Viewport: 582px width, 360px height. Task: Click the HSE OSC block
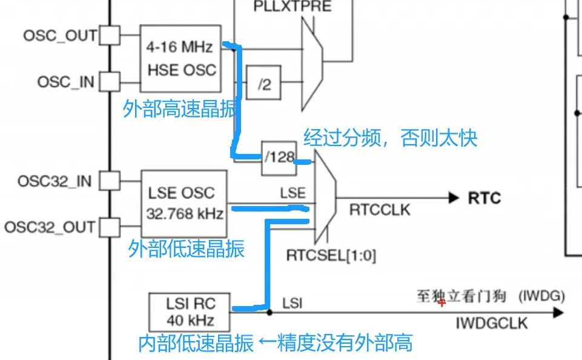tap(180, 59)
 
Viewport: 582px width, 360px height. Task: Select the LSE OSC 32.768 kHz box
tap(184, 204)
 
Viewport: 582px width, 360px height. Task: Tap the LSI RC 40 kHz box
tap(190, 312)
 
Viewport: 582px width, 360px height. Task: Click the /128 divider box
tap(279, 158)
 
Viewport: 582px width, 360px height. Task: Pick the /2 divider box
tap(263, 82)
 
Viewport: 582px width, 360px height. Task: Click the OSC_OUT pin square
tap(110, 35)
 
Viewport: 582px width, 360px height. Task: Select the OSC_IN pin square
tap(110, 81)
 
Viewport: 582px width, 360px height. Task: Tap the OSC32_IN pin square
tap(110, 181)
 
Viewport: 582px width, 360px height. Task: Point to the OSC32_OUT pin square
tap(110, 227)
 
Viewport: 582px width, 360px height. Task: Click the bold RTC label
tap(484, 198)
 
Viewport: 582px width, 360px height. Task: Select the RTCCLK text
tap(380, 210)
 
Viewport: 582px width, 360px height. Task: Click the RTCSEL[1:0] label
tap(331, 256)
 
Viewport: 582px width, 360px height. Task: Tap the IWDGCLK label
tap(491, 323)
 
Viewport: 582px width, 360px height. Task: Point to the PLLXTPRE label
tap(293, 6)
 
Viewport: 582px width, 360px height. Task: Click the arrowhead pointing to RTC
tap(454, 198)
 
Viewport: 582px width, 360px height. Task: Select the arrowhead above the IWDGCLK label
tap(558, 313)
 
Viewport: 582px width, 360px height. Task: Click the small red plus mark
tap(441, 303)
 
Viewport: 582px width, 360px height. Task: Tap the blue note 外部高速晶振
tap(180, 109)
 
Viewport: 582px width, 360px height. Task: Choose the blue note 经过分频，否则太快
tap(391, 138)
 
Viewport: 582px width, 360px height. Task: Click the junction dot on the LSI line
tap(270, 313)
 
